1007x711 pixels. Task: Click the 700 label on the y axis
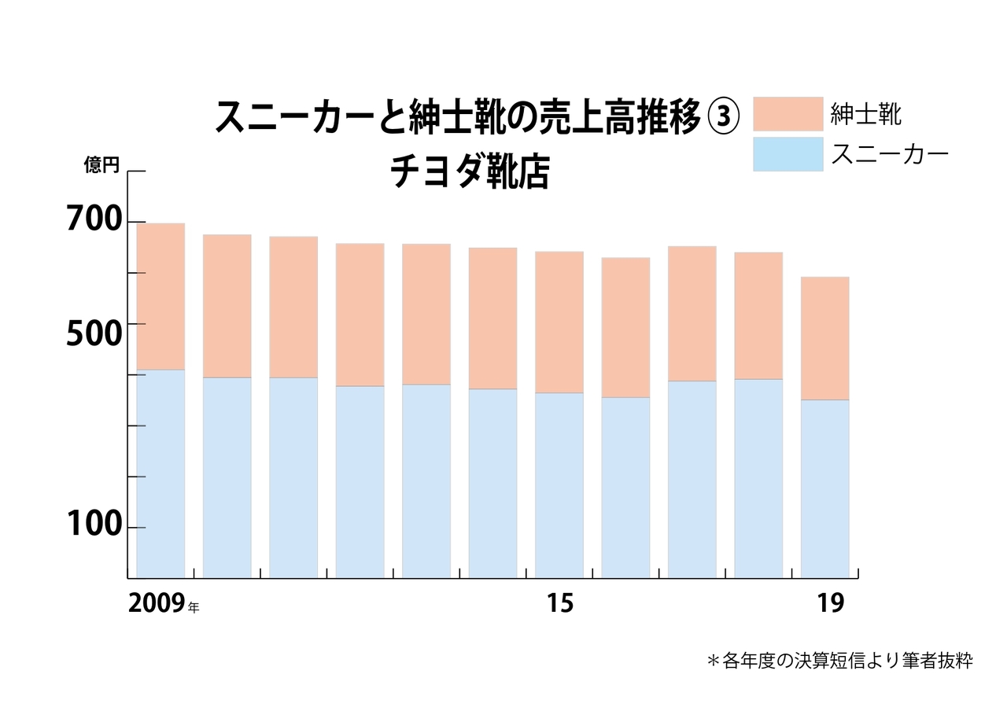(95, 220)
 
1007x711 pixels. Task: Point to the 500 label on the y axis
(95, 333)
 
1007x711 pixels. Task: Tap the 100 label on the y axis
(95, 525)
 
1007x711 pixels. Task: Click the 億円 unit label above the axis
(101, 165)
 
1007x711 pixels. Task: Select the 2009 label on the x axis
(157, 603)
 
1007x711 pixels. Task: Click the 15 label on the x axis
(560, 603)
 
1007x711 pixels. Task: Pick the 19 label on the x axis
(830, 603)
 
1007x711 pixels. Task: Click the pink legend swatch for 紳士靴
(788, 113)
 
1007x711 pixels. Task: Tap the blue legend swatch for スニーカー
(788, 154)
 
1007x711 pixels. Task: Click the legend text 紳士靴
(866, 114)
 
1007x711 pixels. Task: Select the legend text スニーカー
(890, 154)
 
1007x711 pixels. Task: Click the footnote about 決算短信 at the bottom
(840, 661)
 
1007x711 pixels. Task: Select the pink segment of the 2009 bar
(160, 297)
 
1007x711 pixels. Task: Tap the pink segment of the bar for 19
(824, 338)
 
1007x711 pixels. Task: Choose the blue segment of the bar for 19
(824, 488)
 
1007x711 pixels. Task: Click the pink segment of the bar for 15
(559, 322)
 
